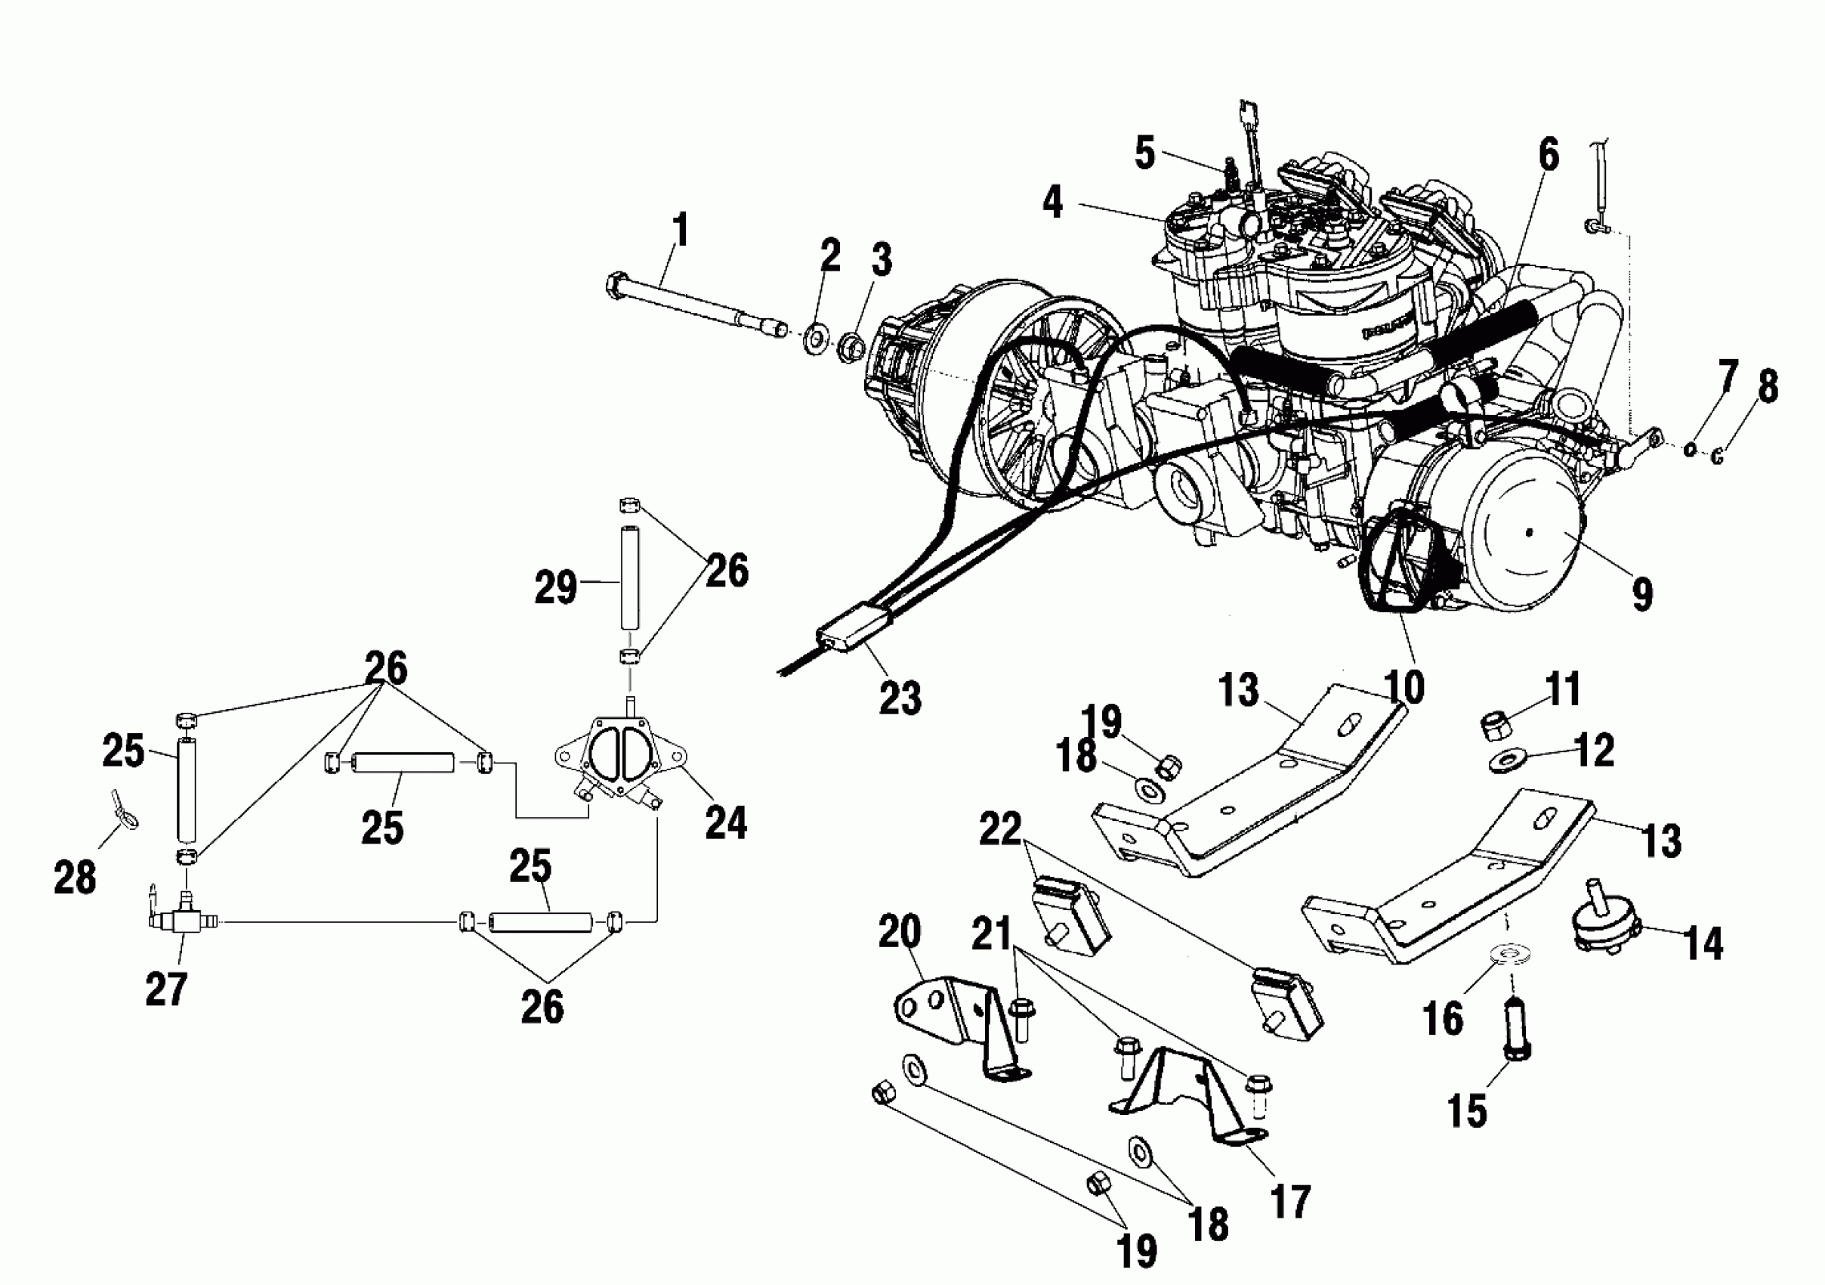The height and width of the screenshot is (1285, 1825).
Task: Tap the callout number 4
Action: click(x=1052, y=202)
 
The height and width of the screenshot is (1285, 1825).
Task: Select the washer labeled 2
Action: click(x=815, y=339)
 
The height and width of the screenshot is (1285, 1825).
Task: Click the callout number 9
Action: click(x=1642, y=593)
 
